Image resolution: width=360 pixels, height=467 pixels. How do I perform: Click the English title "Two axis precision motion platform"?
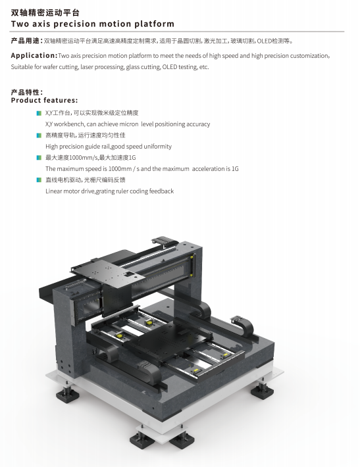[x=92, y=24]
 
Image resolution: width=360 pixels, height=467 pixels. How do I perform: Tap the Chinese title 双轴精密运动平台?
[x=45, y=12]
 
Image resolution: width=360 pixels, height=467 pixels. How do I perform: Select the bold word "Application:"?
[x=34, y=55]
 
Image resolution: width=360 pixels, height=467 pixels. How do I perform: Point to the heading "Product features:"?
[x=44, y=100]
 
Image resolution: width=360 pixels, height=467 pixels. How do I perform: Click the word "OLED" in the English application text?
[x=170, y=66]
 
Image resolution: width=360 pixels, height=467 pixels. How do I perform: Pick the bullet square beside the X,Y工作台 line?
[x=39, y=113]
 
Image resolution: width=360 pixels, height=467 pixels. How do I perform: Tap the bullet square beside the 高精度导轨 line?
[x=39, y=135]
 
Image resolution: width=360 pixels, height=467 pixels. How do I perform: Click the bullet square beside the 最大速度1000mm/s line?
[x=39, y=158]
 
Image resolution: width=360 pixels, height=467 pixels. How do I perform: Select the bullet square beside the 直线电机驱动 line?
[x=39, y=180]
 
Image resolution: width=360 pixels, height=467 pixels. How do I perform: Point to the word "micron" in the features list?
[x=129, y=124]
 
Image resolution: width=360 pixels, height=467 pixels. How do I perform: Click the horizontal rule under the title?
[x=177, y=32]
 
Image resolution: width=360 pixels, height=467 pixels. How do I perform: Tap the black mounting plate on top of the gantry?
[x=108, y=272]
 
